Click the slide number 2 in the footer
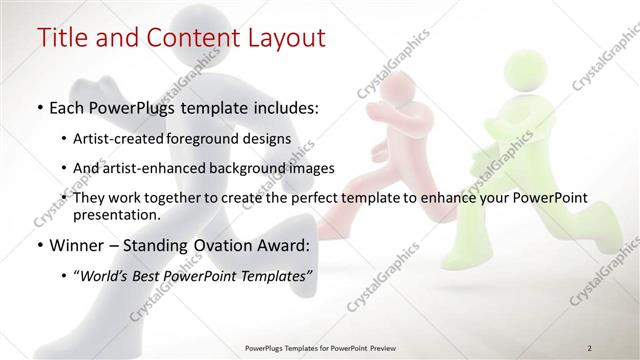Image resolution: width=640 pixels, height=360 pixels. (590, 348)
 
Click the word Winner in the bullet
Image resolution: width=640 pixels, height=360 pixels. (77, 243)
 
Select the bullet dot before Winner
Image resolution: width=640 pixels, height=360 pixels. (39, 243)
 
